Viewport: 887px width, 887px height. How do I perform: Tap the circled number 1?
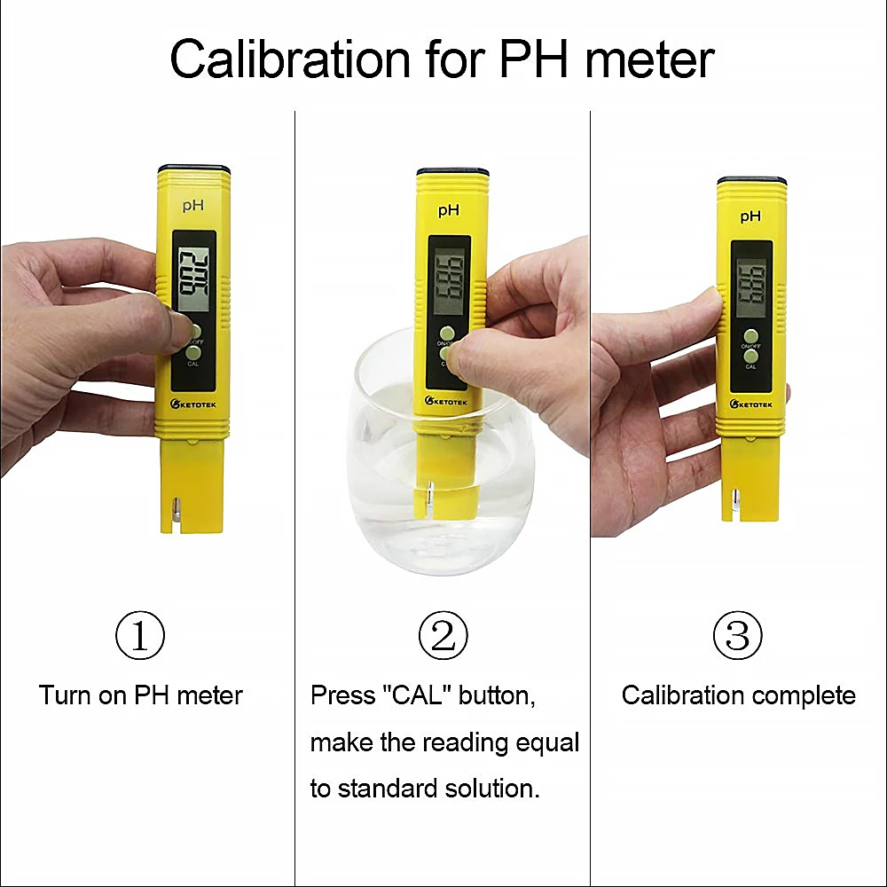click(140, 635)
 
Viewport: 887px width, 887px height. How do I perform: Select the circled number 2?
click(443, 635)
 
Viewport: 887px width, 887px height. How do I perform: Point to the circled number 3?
click(737, 635)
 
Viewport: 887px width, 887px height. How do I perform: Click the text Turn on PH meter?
click(140, 695)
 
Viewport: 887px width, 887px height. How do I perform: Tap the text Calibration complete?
click(738, 695)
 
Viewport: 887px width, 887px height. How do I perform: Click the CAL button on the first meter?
click(193, 353)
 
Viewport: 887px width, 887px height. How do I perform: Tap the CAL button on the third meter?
click(751, 357)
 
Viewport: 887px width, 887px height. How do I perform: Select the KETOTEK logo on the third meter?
click(751, 404)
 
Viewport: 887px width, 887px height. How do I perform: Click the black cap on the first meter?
click(194, 168)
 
